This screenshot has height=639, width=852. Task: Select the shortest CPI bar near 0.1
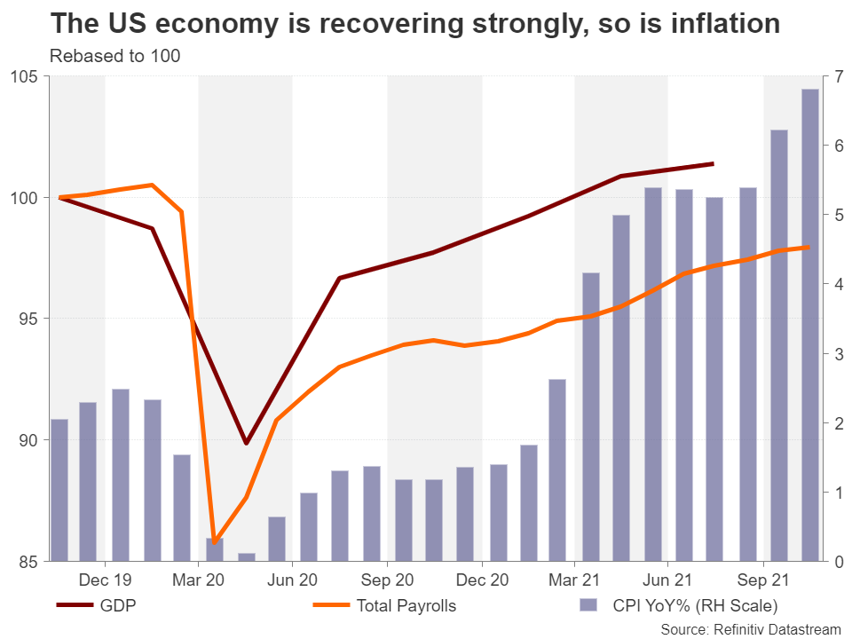coord(247,556)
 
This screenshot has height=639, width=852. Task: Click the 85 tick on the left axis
coord(28,561)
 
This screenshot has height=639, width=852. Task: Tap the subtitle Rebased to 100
coord(115,57)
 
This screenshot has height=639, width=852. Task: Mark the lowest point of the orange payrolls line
coord(214,542)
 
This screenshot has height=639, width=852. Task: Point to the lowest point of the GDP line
coord(246,443)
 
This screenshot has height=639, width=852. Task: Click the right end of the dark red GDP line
coord(714,163)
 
